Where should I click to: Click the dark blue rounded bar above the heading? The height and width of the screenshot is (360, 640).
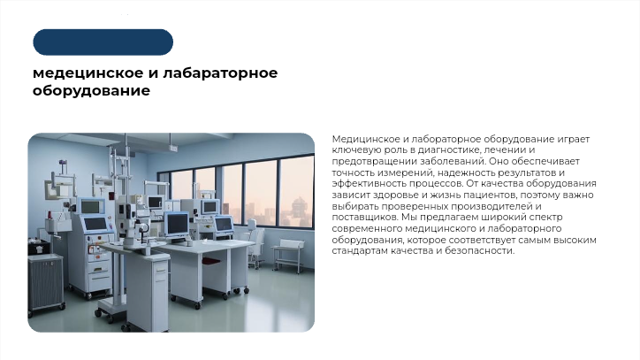click(x=103, y=42)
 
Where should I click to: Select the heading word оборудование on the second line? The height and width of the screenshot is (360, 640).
click(x=91, y=90)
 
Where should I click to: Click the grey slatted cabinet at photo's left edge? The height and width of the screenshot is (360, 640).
click(x=44, y=283)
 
